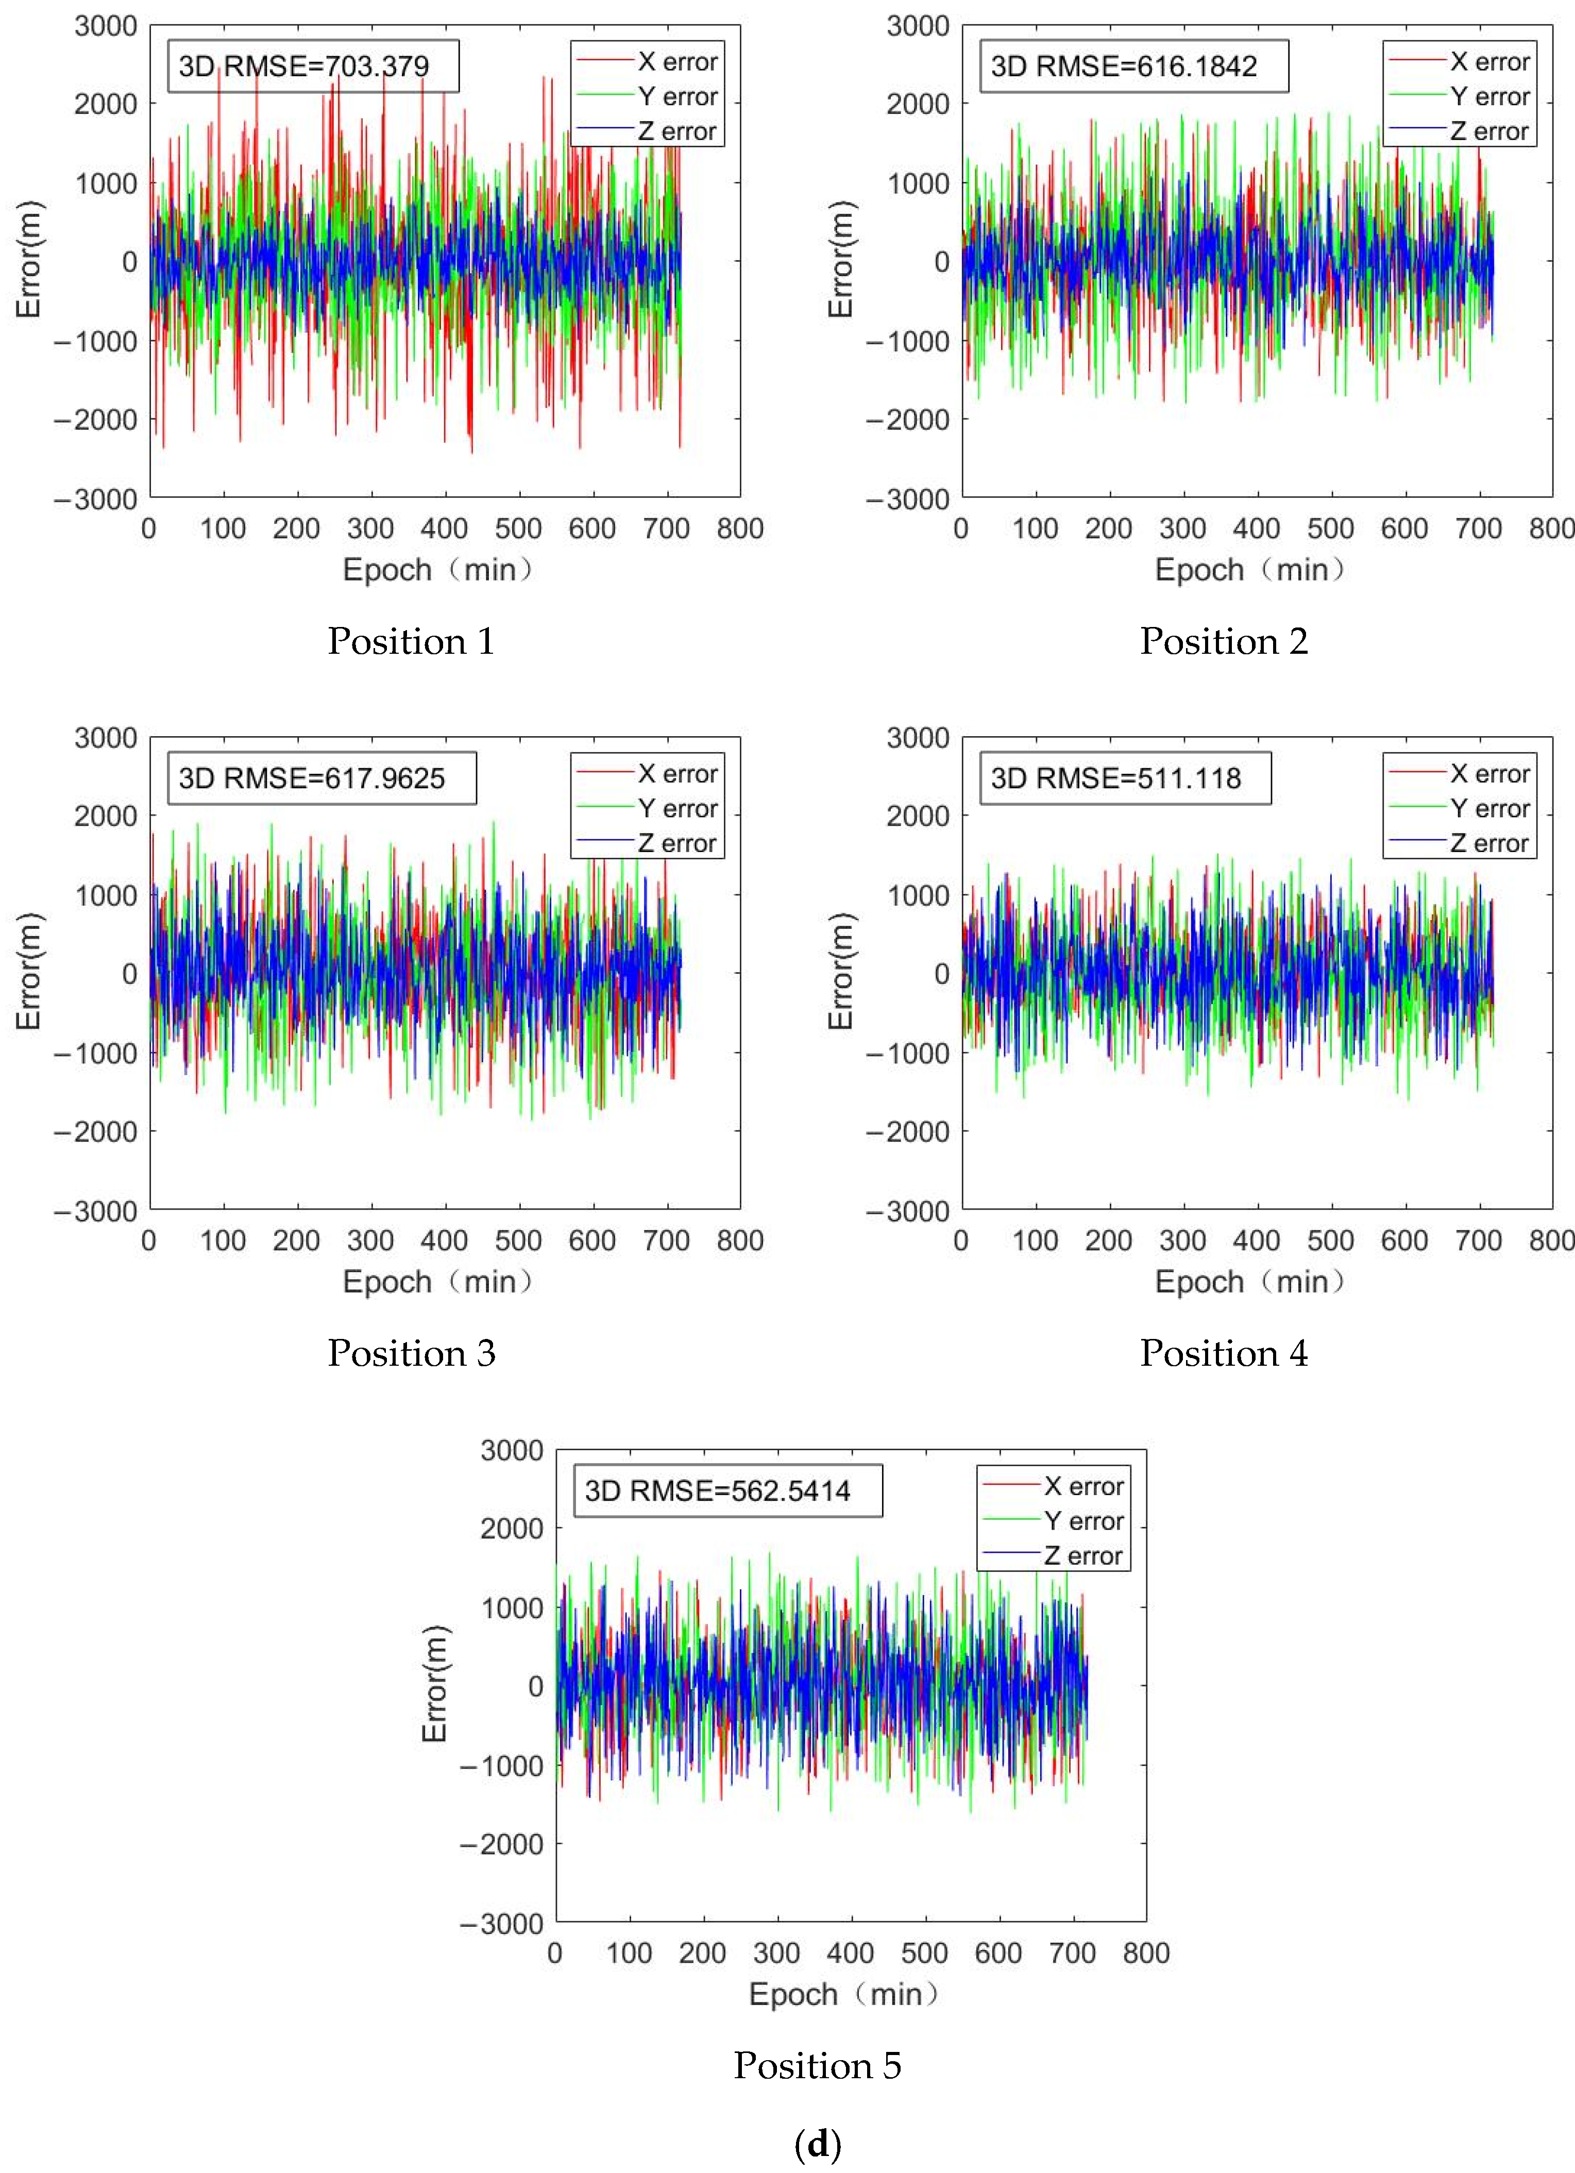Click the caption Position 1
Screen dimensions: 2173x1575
point(411,641)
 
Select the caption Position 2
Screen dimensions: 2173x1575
point(1224,641)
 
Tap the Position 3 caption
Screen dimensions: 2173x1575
point(411,1353)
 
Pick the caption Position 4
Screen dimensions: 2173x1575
point(1224,1353)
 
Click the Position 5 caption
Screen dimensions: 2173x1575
point(817,2065)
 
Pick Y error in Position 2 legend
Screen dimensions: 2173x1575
point(1489,97)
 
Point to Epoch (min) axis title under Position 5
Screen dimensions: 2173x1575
point(843,1994)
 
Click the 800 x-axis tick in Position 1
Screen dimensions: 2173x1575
point(740,528)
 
